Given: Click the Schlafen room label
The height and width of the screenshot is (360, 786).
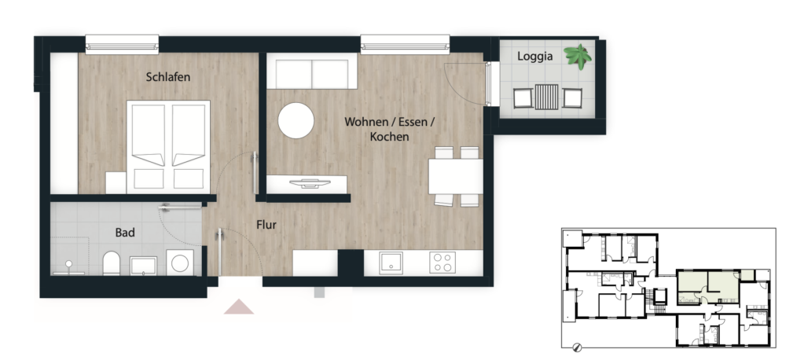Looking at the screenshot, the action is click(x=168, y=77).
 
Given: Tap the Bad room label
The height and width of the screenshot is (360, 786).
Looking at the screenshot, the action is click(x=125, y=233).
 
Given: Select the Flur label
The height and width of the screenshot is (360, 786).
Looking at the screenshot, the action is click(x=266, y=225).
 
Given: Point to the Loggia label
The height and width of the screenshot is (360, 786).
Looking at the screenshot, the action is click(x=534, y=56).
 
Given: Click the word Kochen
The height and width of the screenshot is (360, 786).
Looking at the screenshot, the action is click(x=390, y=137).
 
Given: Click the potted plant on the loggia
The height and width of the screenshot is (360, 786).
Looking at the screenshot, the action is click(x=578, y=56).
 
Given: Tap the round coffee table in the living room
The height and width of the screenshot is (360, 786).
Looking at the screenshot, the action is click(x=296, y=120).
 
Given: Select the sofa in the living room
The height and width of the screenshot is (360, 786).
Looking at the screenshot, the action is click(x=312, y=72).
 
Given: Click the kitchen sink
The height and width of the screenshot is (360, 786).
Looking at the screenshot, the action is click(x=391, y=263).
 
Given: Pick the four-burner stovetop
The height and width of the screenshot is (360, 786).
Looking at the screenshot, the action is click(x=443, y=263).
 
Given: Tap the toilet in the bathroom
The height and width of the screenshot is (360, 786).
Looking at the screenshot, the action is click(x=112, y=263).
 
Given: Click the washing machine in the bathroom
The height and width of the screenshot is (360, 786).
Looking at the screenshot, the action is click(x=180, y=263).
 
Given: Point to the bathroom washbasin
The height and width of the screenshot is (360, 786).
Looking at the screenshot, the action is click(x=143, y=266).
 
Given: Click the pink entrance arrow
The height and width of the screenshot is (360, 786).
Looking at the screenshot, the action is click(x=239, y=307).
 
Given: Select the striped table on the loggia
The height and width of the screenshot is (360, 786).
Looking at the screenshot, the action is click(x=546, y=97).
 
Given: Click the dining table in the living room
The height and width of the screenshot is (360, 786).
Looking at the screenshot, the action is click(x=456, y=177).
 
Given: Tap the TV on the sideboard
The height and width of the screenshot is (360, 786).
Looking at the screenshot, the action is click(x=307, y=183).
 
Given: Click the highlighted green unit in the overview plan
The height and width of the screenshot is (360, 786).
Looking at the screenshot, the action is click(x=708, y=287).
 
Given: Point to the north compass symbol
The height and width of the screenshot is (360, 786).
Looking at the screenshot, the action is click(x=576, y=347).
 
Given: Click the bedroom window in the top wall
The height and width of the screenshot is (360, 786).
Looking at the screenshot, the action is click(x=122, y=44).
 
